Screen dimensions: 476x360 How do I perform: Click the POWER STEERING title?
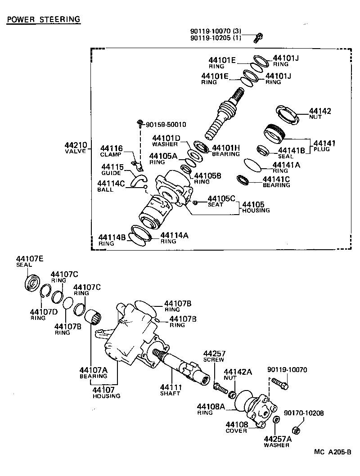(x=43, y=19)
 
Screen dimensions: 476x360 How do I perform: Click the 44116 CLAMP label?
(x=111, y=151)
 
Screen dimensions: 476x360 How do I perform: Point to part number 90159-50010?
(x=166, y=124)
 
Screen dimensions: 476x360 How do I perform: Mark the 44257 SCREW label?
(x=214, y=356)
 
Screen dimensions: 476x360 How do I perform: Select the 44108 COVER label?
(x=237, y=427)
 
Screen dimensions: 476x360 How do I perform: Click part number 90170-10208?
(x=304, y=413)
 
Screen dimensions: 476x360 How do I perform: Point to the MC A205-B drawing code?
(x=333, y=452)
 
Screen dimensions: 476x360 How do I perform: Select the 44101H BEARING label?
(x=226, y=150)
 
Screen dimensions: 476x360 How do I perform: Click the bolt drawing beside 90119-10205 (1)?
(x=258, y=38)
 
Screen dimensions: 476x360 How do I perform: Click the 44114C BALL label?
(x=111, y=186)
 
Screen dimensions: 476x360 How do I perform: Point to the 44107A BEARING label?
(x=94, y=373)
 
